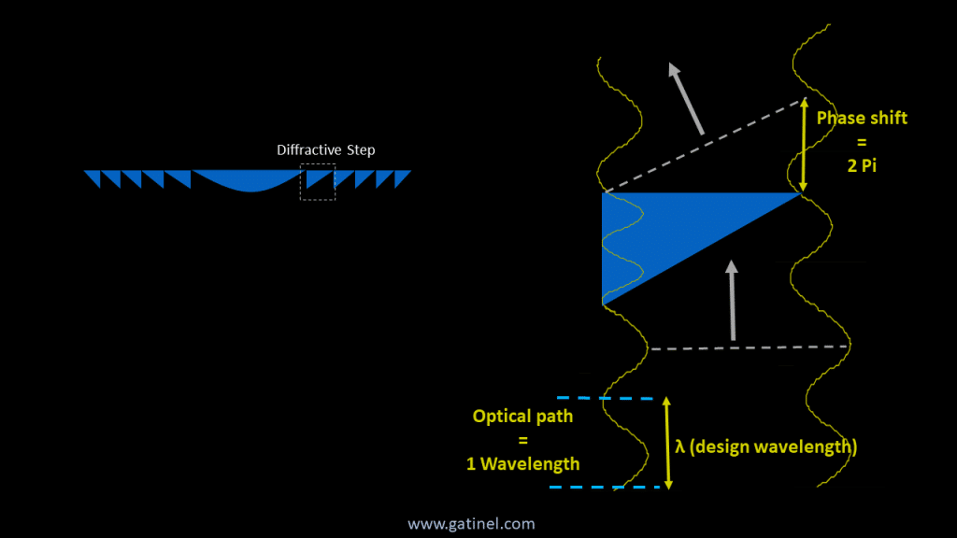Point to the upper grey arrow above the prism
(x=686, y=97)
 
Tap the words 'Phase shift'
(x=862, y=119)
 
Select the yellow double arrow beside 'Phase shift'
(x=804, y=145)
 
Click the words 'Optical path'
(x=522, y=417)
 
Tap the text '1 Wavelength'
(x=522, y=463)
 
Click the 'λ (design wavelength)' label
(x=765, y=446)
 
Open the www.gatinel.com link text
(x=471, y=524)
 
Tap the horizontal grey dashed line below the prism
(x=748, y=347)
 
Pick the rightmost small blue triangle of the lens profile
(x=404, y=177)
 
